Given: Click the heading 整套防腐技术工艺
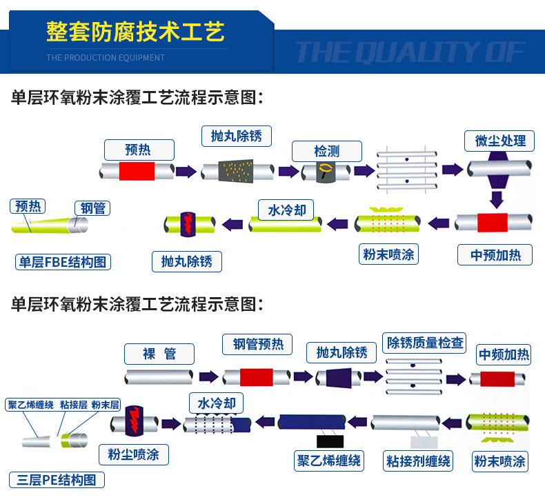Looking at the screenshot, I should [135, 31].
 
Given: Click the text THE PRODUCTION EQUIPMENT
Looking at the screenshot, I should [106, 57].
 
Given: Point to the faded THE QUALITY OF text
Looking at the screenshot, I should [410, 52].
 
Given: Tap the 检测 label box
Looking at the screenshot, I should [326, 150].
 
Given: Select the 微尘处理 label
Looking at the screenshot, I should [500, 141].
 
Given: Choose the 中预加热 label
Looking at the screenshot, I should [496, 255].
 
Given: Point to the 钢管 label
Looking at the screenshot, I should [93, 208].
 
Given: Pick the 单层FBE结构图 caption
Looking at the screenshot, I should [63, 261].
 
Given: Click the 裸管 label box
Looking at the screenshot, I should [159, 354].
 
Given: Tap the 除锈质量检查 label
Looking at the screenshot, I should [425, 342].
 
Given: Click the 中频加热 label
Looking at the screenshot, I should [504, 354].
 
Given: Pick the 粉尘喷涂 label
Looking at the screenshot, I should [134, 454].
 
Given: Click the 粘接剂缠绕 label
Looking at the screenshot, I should [419, 461].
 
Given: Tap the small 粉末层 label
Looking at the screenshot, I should [106, 405].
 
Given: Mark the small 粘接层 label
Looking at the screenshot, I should [73, 405].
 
